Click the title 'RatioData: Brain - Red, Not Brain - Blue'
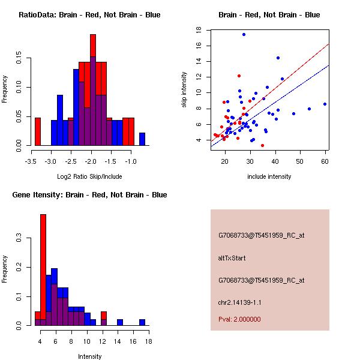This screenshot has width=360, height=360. (89, 14)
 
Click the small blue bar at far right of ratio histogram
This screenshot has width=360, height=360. (142, 139)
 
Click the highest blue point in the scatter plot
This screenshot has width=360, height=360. (244, 34)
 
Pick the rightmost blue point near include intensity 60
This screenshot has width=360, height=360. (325, 104)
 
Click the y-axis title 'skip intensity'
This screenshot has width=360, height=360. (184, 90)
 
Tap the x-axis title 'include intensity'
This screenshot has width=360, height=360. (269, 176)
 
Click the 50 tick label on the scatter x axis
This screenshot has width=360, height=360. (300, 161)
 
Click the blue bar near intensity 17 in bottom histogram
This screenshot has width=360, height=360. (142, 322)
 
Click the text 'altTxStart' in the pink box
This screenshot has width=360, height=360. (232, 258)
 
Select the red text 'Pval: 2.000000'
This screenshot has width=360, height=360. (239, 319)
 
